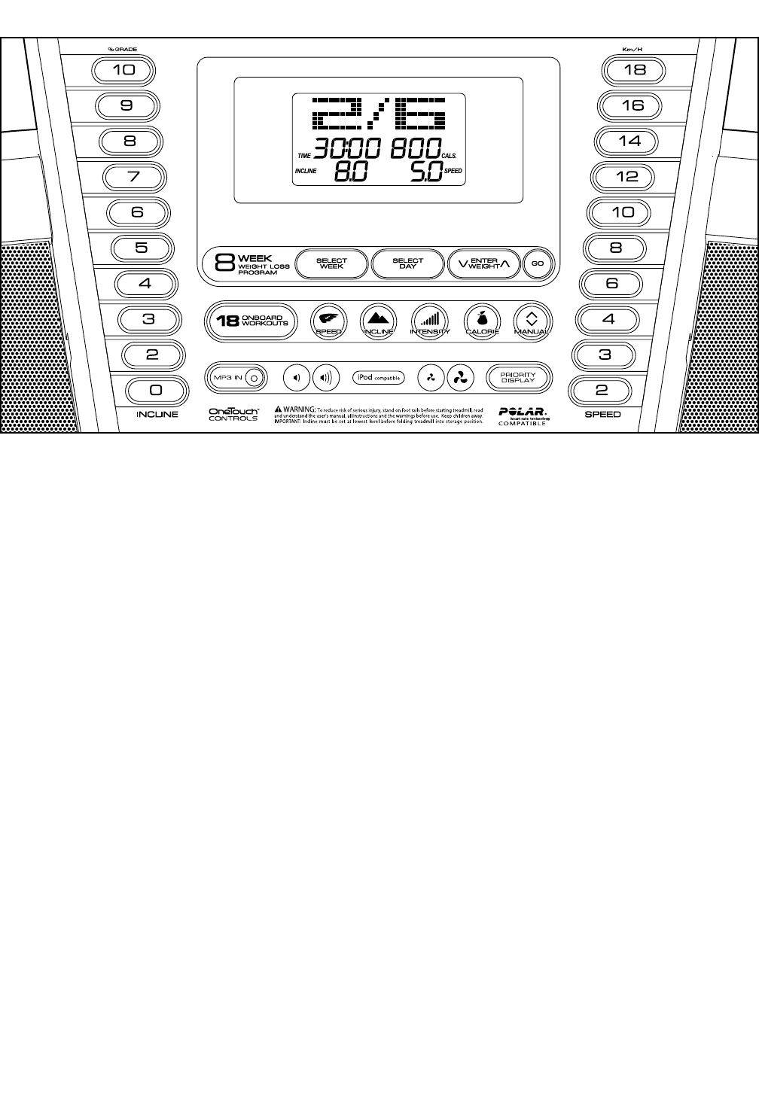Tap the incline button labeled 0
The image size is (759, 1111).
[x=156, y=390]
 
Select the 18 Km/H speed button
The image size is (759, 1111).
[x=635, y=70]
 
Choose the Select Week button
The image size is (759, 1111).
[x=331, y=264]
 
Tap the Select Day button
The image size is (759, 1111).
[x=408, y=264]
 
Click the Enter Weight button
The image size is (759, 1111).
[x=483, y=264]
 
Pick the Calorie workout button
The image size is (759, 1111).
[x=482, y=320]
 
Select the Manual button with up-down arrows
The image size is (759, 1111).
[x=532, y=320]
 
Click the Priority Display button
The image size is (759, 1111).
[x=518, y=378]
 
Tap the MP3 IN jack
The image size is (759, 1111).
[x=255, y=378]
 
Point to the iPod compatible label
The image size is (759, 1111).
[x=378, y=378]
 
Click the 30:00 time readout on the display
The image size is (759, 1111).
[x=348, y=149]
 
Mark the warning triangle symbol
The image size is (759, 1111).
[x=278, y=409]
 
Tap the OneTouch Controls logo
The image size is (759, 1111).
[x=233, y=414]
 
